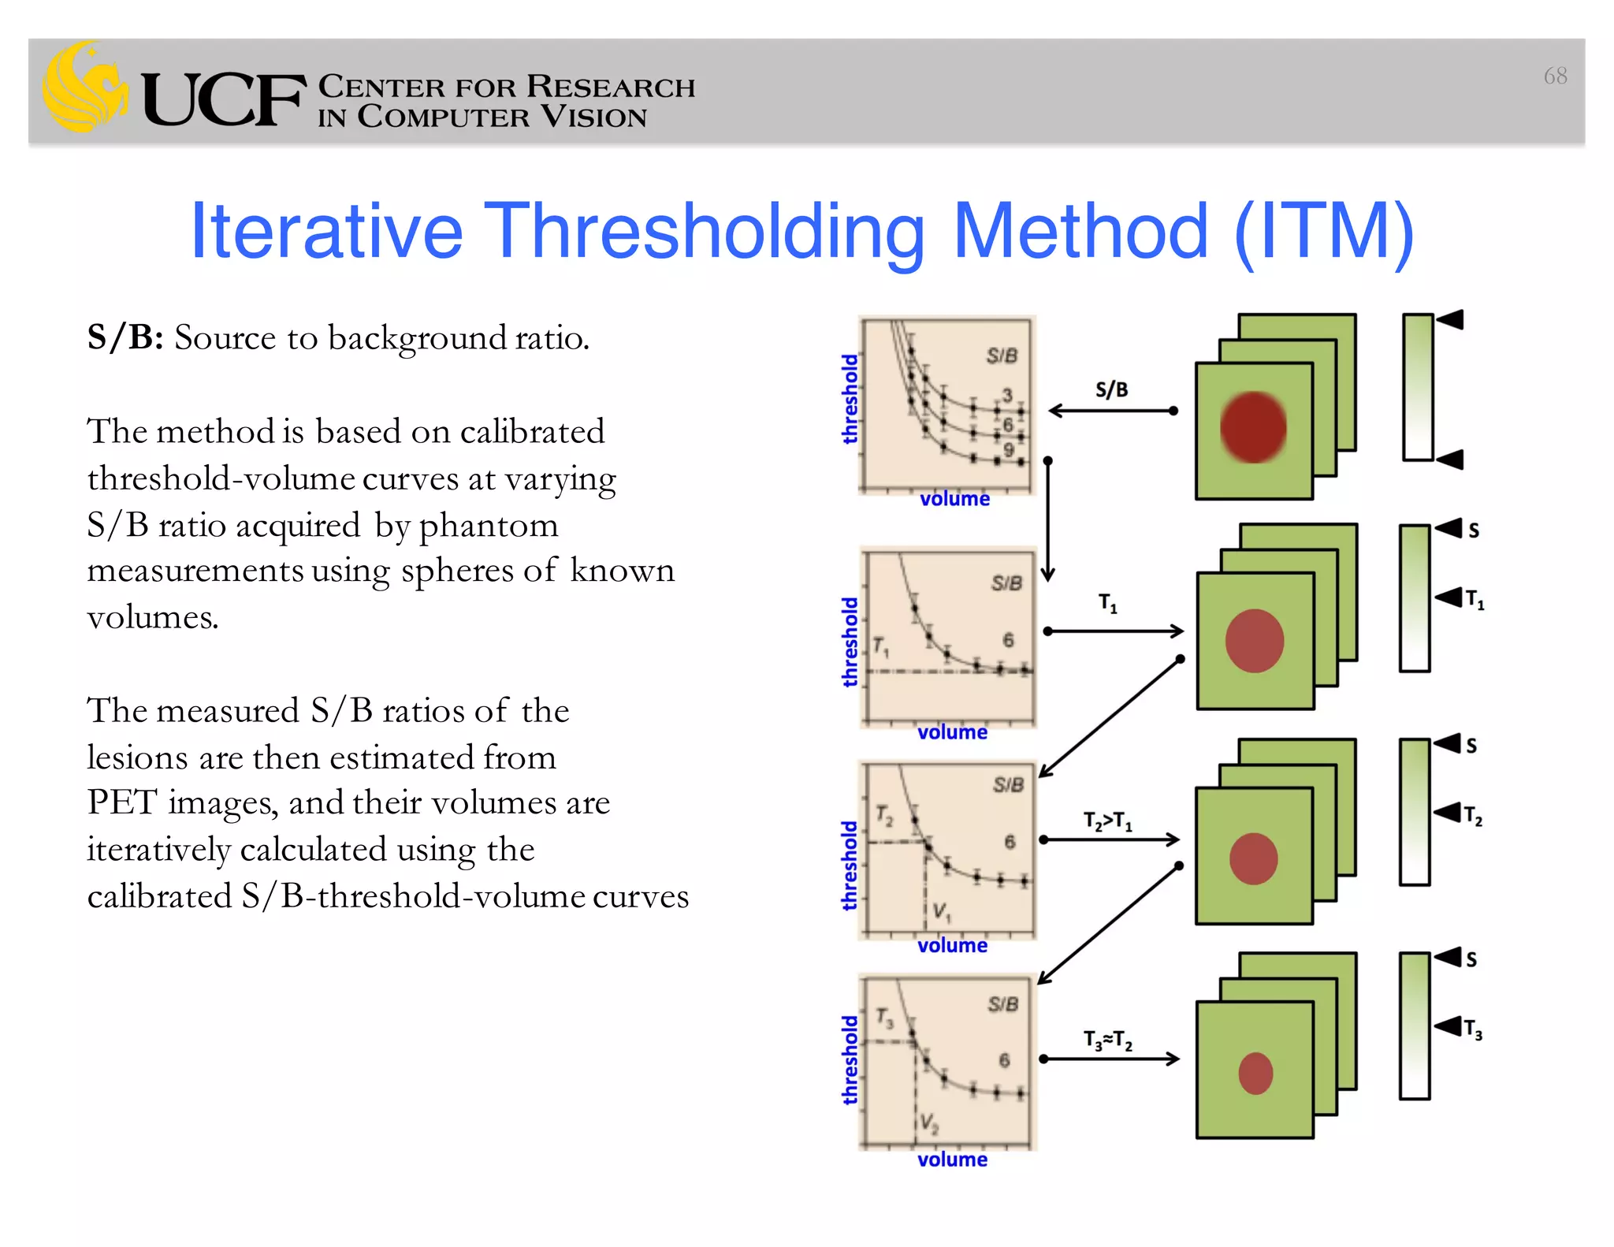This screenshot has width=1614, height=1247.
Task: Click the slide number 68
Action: click(x=1555, y=76)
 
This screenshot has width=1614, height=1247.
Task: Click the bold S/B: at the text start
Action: click(x=125, y=338)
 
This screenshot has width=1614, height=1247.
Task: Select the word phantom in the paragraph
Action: click(x=488, y=525)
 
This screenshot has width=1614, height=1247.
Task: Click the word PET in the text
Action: click(x=122, y=802)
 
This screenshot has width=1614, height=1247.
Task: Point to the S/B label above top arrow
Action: click(x=1111, y=389)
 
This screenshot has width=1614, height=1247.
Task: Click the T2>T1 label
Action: click(x=1107, y=821)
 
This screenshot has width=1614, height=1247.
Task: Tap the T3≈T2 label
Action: click(x=1107, y=1040)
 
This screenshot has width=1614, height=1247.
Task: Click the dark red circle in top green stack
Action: click(x=1253, y=426)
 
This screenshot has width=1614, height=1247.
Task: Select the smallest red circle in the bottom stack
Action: click(x=1255, y=1073)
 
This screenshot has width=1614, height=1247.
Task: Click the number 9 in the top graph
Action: click(x=1008, y=450)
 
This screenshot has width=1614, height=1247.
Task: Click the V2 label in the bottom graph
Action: click(x=929, y=1122)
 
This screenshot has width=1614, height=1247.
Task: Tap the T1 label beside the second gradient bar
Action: click(x=1475, y=600)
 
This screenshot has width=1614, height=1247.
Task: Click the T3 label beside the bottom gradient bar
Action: click(x=1473, y=1029)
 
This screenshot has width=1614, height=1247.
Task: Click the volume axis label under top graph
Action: click(x=954, y=499)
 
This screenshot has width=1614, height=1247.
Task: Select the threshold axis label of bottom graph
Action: click(x=850, y=1059)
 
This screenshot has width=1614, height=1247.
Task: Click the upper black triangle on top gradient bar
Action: click(x=1450, y=320)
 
